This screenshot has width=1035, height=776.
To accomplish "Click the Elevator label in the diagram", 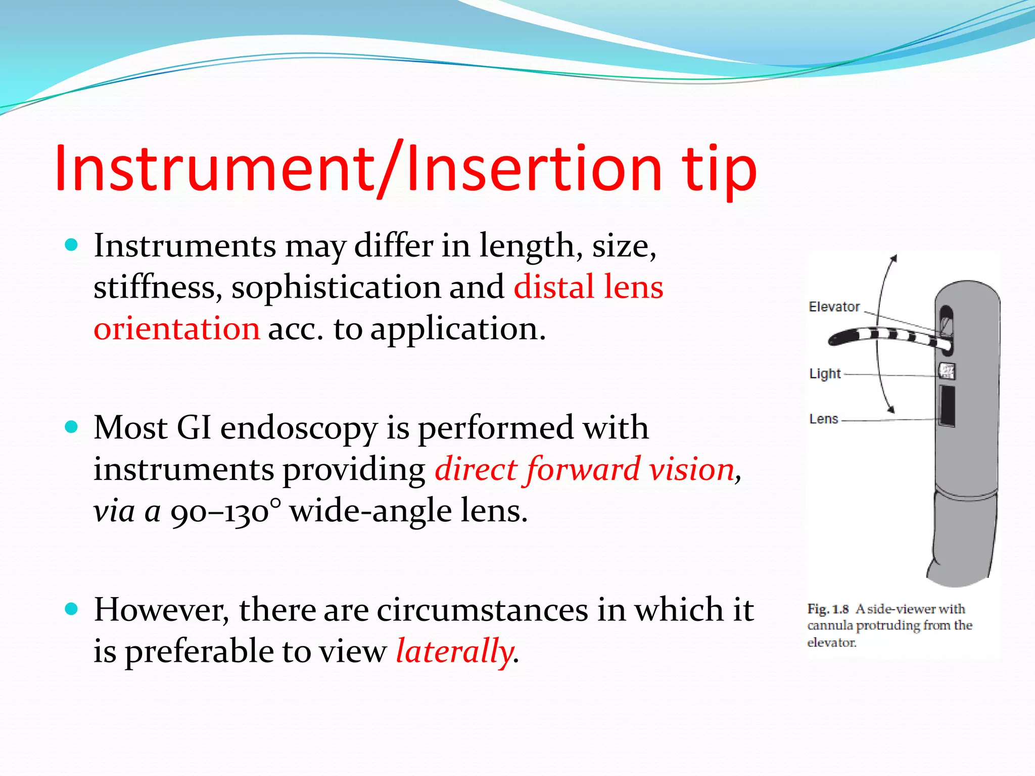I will click(834, 307).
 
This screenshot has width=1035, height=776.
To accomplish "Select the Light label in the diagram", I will click(825, 374).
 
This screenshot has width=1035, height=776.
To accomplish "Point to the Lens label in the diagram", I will click(824, 419).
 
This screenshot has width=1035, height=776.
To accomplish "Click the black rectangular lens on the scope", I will click(947, 405).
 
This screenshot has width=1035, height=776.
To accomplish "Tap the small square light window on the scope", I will click(947, 371).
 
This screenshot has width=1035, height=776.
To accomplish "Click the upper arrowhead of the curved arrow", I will click(893, 259).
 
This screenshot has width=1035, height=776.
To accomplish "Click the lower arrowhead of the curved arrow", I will click(891, 409).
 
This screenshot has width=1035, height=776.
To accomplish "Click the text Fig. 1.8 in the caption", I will click(827, 609).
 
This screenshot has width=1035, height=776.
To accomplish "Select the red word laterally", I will click(454, 651).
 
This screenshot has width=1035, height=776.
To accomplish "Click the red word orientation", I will click(177, 328).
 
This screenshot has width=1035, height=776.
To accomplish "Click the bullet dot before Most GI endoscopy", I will click(72, 427).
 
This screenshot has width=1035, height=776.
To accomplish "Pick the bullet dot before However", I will click(72, 609).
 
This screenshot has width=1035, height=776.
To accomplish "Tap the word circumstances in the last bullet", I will click(482, 609).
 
